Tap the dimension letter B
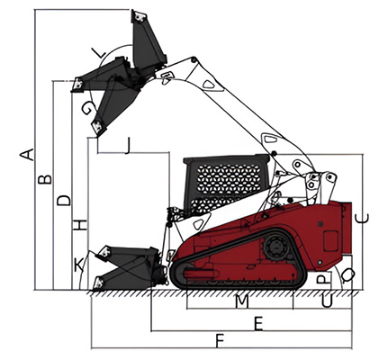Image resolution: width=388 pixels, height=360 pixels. click(43, 181)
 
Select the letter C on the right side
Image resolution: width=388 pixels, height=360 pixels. click(363, 216)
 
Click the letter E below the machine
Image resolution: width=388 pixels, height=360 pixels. click(258, 322)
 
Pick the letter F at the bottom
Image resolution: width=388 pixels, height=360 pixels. click(220, 340)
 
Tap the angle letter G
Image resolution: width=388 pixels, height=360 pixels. click(86, 109)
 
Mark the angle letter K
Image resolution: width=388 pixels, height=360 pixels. click(78, 263)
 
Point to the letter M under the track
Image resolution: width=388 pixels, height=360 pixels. click(240, 301)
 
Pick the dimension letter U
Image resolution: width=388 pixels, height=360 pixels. click(327, 301)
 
